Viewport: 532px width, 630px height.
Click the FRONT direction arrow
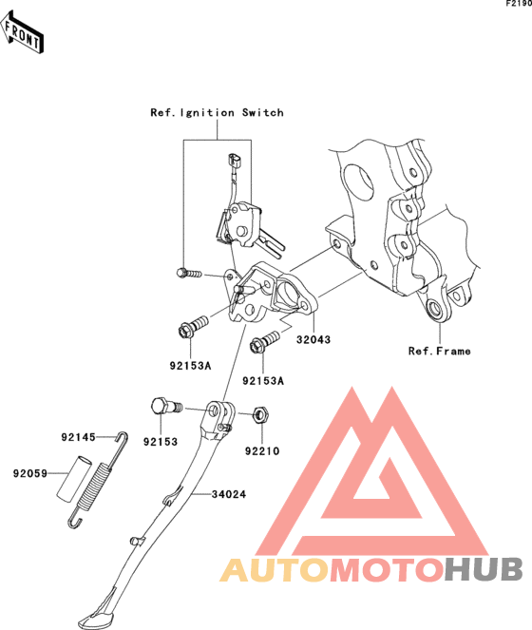[22, 32]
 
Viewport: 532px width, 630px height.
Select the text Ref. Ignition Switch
[217, 113]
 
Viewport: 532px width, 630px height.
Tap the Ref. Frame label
[439, 352]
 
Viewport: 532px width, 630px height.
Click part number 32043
[313, 339]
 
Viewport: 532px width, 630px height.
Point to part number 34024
[229, 494]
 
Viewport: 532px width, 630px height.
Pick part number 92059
[30, 473]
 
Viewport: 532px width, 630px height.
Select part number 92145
[78, 437]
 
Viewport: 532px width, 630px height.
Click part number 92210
[262, 451]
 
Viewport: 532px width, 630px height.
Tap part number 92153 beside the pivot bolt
[161, 442]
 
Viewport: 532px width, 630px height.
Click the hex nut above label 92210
[261, 414]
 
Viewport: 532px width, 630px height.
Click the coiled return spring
[98, 480]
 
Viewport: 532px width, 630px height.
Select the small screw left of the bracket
[189, 274]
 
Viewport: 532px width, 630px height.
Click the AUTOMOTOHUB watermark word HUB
[484, 569]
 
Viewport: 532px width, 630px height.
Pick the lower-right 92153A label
[263, 380]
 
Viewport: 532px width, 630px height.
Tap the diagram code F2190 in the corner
[519, 4]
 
